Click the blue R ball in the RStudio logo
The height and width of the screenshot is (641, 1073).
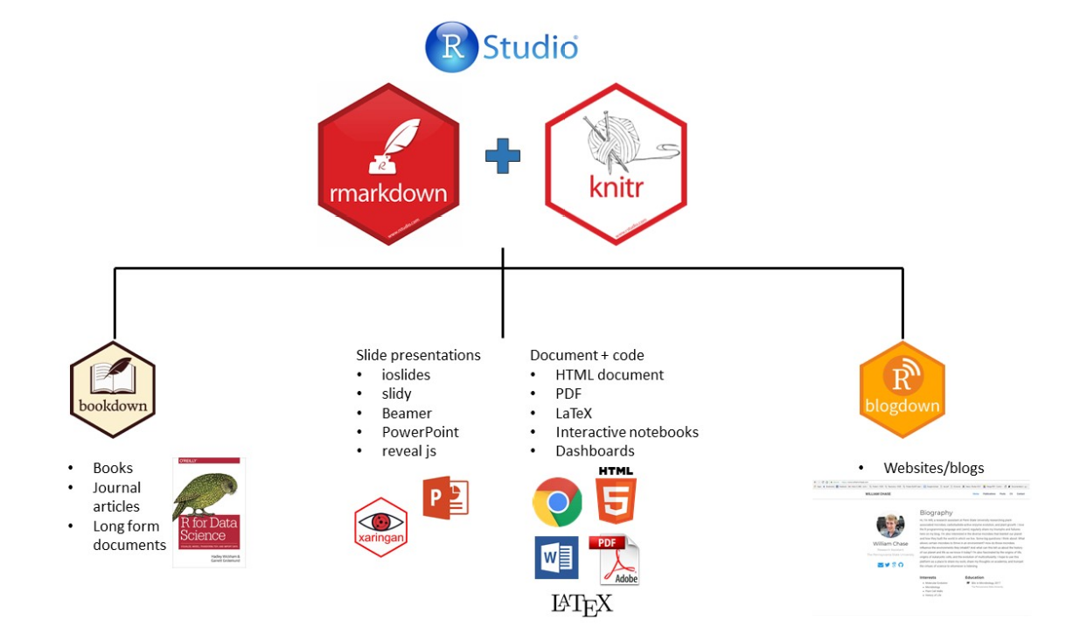pos(451,47)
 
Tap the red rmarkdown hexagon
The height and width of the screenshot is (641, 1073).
pos(387,164)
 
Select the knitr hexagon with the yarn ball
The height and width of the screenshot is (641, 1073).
pos(615,164)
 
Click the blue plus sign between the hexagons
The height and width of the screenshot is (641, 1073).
pos(503,156)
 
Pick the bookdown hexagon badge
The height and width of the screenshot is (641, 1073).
pos(113,387)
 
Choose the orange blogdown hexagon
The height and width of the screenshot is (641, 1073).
pos(902,390)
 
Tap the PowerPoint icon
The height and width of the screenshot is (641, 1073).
pos(445,498)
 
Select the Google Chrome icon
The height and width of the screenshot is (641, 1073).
pos(557,502)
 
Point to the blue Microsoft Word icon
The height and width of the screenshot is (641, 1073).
pos(556,557)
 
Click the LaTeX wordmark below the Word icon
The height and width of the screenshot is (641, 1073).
pos(582,603)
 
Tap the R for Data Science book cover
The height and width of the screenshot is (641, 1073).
pos(209,512)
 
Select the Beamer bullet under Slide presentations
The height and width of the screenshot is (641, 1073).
pos(407,413)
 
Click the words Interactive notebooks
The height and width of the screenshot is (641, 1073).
pos(627,432)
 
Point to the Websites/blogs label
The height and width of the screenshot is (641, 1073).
pos(933,468)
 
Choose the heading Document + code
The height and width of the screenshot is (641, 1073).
pos(587,355)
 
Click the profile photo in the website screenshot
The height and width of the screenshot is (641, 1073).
pos(889,526)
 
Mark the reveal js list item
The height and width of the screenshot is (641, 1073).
pos(408,451)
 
